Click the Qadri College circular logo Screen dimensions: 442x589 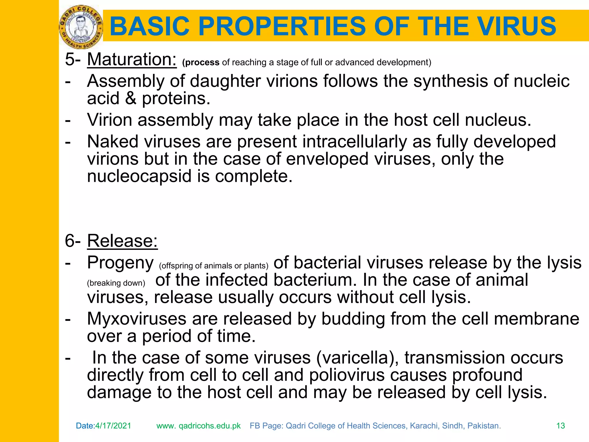(x=81, y=27)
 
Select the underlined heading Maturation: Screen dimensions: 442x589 (x=132, y=60)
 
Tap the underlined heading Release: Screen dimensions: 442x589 (x=122, y=241)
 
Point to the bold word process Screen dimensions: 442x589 (x=202, y=62)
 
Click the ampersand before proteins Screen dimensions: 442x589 (x=131, y=98)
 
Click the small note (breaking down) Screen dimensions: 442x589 (x=116, y=283)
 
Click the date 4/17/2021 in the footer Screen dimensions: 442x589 (x=113, y=426)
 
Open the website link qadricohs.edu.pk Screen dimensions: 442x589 (x=209, y=426)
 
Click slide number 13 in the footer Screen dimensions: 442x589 (x=561, y=426)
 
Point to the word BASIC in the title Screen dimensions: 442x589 (x=150, y=26)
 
